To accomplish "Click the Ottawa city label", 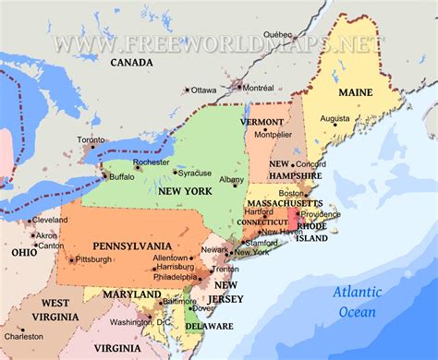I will coord(204,90).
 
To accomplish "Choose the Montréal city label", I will coord(256,86).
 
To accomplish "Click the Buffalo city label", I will coord(121,175).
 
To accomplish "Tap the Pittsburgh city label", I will coord(93,259).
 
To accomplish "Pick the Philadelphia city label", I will coord(175,277).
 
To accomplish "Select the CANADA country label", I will coord(131,63).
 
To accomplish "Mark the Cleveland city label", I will coord(49,221).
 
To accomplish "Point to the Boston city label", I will coord(292,193).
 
